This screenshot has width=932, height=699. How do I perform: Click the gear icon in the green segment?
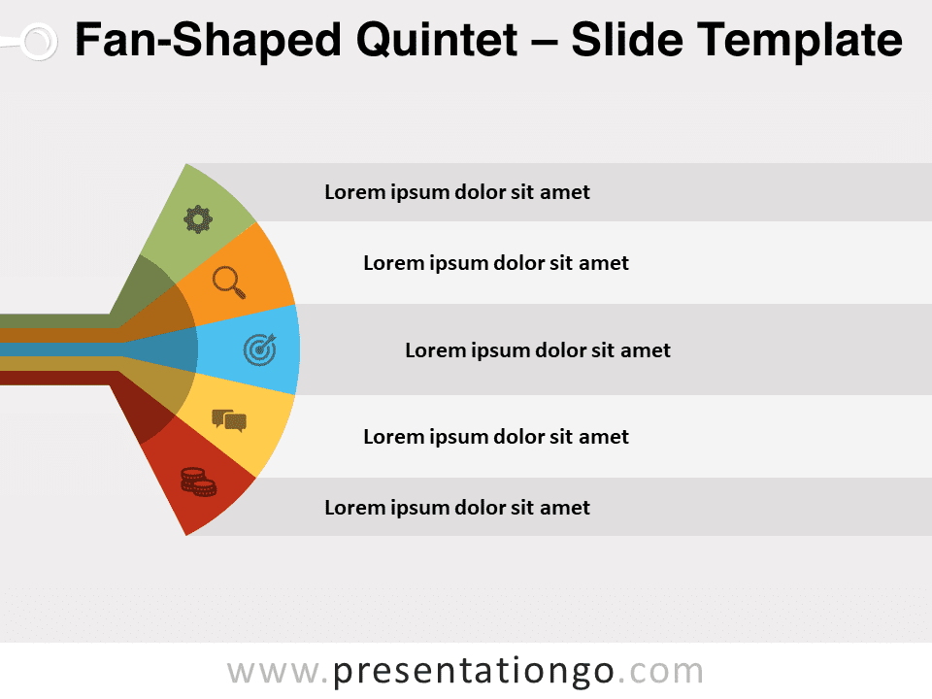coord(198,219)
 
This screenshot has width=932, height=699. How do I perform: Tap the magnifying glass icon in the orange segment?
coord(229,283)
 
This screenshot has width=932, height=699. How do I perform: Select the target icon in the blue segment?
coord(260,349)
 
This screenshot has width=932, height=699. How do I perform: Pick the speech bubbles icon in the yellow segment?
coord(229,420)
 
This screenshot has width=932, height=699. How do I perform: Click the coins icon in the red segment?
coord(198,483)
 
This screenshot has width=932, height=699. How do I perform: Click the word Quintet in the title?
coord(437,41)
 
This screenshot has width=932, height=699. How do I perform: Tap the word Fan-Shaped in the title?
coord(208,42)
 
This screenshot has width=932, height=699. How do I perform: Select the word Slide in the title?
coord(627,41)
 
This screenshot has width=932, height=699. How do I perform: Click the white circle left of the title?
coord(39,42)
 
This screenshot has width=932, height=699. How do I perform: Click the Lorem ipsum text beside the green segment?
coord(457,192)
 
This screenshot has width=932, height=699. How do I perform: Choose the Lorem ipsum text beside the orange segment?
coord(496,263)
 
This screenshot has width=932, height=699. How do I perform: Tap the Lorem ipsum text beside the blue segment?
coord(537,350)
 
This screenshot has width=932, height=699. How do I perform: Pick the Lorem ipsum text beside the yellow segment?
coord(496,437)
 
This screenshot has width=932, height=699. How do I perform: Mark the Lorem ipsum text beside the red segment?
coord(457,508)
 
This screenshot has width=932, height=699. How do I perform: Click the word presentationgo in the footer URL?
coord(473,672)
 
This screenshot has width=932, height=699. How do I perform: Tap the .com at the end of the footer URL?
coord(661,672)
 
